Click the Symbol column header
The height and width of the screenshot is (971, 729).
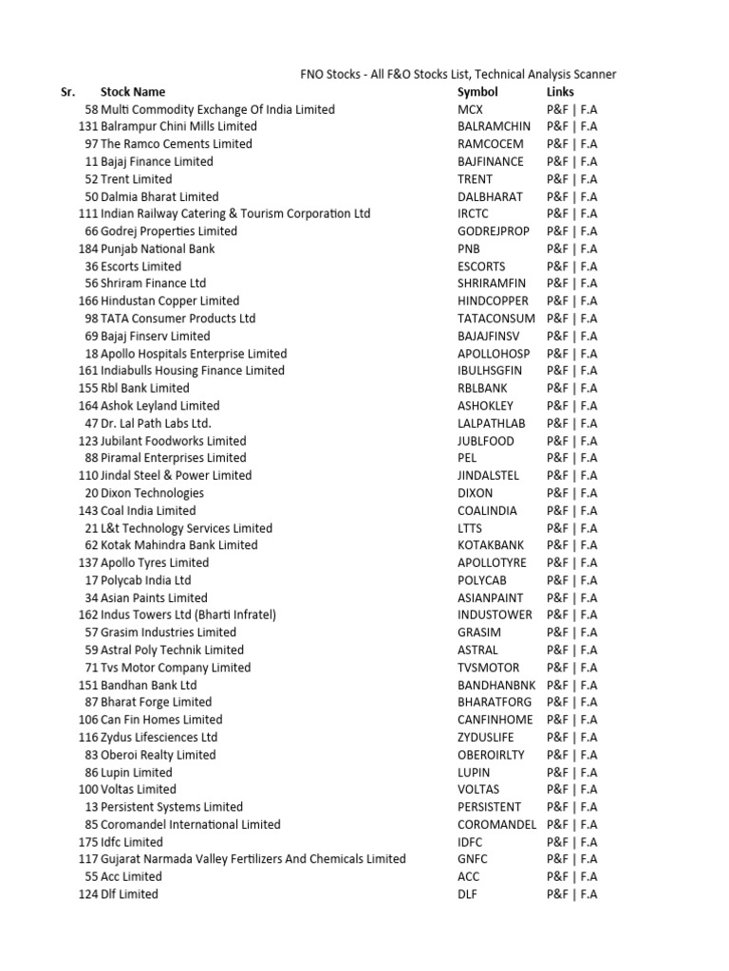477,92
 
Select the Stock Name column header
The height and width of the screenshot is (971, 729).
133,92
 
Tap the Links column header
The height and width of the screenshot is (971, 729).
560,92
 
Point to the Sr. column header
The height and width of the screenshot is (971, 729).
67,92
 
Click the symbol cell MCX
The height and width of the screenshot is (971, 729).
470,110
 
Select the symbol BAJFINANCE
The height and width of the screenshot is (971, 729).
490,162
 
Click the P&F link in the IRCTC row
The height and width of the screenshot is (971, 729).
557,214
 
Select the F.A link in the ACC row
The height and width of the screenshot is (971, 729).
589,877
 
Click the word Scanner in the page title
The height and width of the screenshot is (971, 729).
592,74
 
